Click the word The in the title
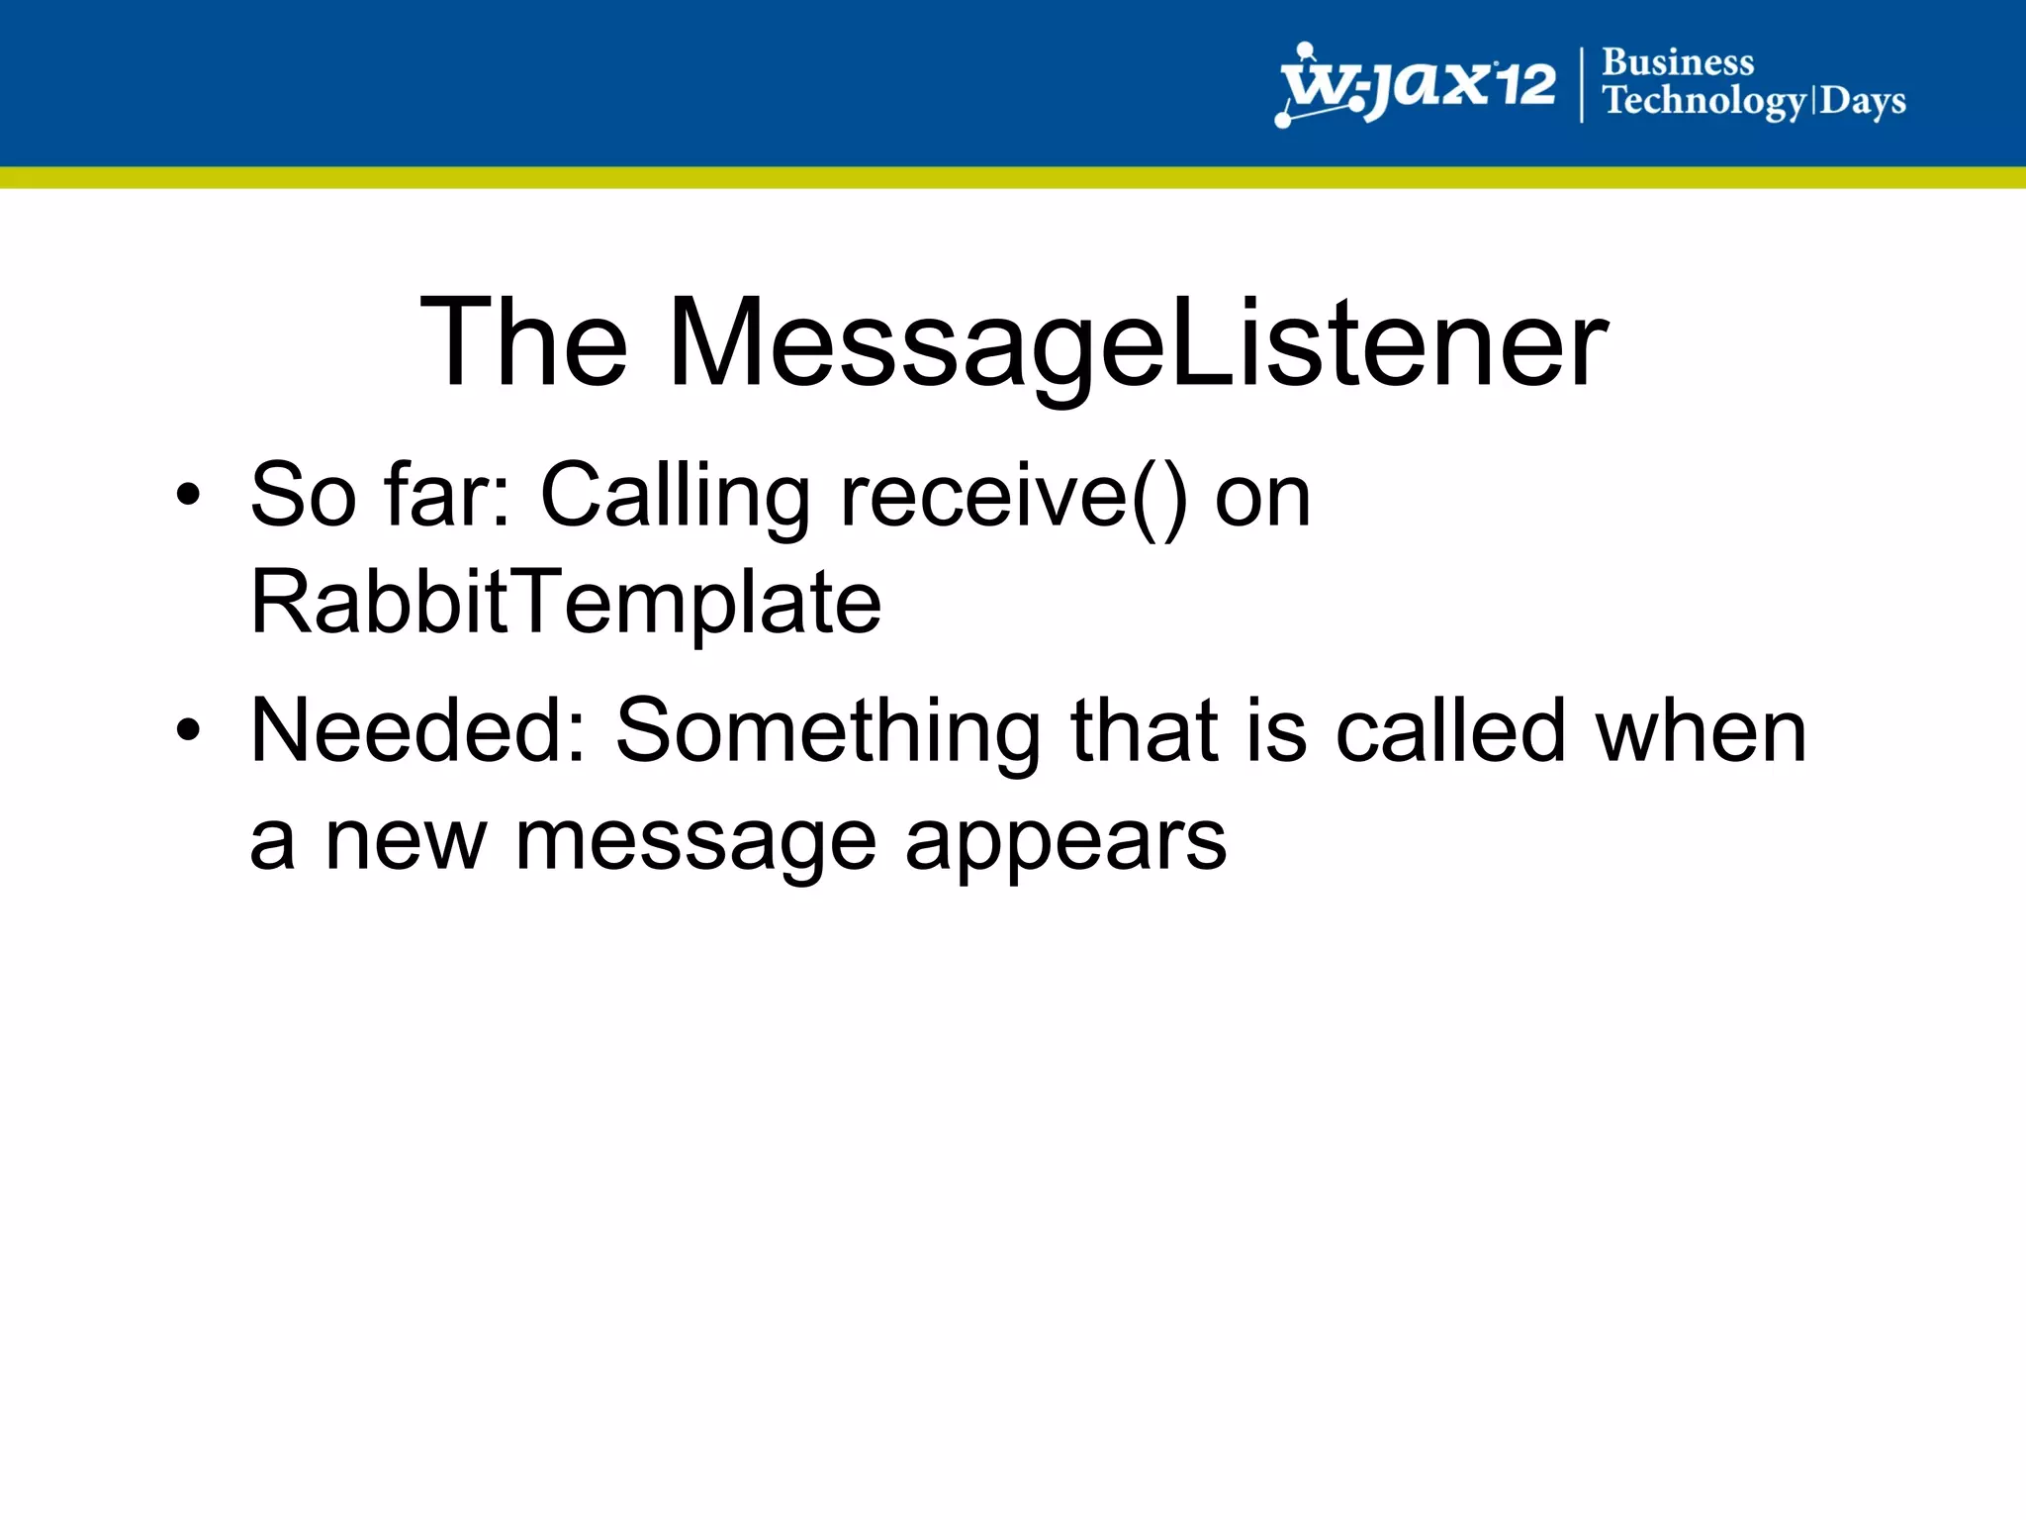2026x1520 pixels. tap(524, 342)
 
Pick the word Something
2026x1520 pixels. tap(828, 733)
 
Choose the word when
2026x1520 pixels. tap(1701, 731)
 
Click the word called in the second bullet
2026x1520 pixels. tap(1450, 731)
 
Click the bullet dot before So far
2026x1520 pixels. tap(188, 494)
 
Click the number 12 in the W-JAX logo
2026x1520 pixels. tap(1524, 84)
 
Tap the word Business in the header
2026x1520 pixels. tap(1678, 62)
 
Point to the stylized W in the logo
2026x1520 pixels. tap(1320, 87)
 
